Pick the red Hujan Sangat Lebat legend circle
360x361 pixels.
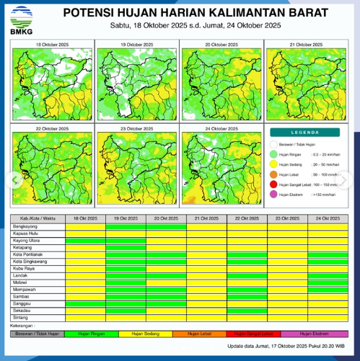click(273, 184)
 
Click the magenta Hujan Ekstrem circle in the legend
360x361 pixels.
click(273, 195)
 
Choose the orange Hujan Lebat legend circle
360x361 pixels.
click(273, 174)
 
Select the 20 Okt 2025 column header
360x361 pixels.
click(166, 218)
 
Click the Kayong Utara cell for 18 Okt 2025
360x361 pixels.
click(85, 240)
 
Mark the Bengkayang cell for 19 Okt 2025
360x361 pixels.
click(126, 226)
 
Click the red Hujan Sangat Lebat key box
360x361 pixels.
click(247, 334)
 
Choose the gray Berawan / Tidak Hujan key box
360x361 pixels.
click(38, 334)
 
